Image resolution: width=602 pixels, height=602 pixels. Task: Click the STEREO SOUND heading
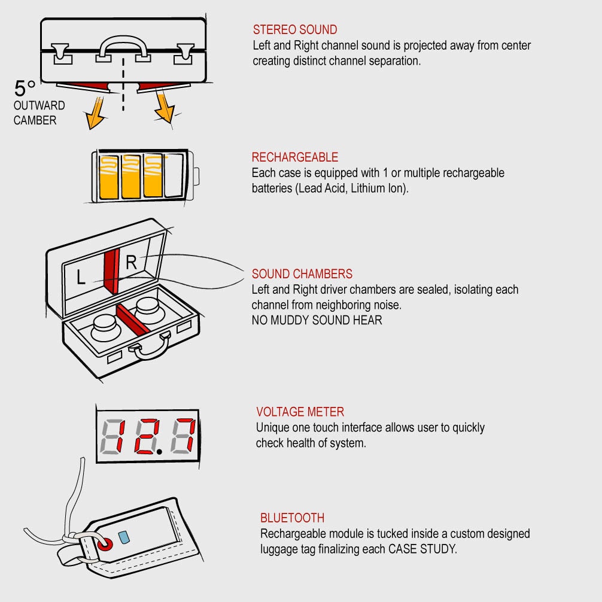[295, 29]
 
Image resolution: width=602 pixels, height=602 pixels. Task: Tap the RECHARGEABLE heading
[295, 157]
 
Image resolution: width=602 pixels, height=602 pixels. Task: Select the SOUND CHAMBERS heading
[302, 273]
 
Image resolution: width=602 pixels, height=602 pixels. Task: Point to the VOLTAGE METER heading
[300, 412]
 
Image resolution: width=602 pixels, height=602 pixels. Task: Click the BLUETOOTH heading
[292, 518]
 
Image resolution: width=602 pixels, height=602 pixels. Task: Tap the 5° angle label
[25, 89]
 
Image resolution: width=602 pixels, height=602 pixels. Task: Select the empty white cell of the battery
[174, 176]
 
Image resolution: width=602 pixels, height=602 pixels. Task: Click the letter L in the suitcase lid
[80, 276]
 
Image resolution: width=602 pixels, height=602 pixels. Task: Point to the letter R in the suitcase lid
[131, 262]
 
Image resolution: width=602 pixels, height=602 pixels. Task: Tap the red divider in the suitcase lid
[111, 271]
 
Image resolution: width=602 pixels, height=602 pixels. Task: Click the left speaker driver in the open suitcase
[105, 327]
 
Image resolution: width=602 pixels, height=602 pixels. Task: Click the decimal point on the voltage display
[159, 452]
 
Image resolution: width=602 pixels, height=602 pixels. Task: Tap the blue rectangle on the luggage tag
[124, 537]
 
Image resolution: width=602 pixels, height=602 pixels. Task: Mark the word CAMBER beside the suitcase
[35, 120]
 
